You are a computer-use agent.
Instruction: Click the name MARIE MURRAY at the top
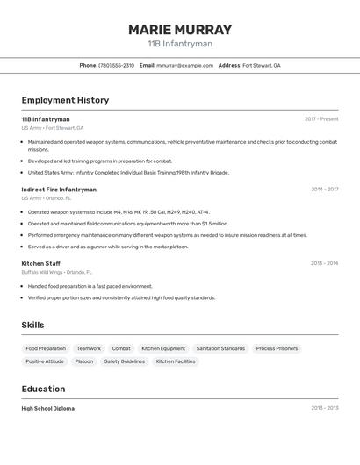click(x=180, y=29)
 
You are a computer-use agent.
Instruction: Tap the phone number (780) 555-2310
click(x=116, y=65)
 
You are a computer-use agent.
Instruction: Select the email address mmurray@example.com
click(x=184, y=65)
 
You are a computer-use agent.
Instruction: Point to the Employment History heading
click(x=65, y=100)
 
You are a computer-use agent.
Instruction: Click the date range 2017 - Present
click(x=321, y=119)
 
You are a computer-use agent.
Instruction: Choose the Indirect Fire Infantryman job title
click(x=59, y=190)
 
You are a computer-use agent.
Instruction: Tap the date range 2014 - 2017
click(x=324, y=190)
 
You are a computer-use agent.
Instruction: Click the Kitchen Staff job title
click(x=41, y=263)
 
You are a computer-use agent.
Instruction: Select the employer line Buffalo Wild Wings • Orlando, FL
click(x=59, y=272)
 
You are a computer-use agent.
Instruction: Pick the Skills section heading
click(x=32, y=325)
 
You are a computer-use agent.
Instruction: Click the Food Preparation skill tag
click(x=46, y=348)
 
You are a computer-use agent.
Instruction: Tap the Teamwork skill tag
click(x=89, y=348)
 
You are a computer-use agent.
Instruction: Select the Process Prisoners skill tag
click(x=277, y=348)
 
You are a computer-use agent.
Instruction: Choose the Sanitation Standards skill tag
click(x=220, y=348)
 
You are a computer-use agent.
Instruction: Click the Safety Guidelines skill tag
click(x=124, y=361)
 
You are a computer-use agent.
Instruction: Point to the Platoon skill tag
click(x=83, y=361)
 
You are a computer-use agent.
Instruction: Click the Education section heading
click(x=43, y=389)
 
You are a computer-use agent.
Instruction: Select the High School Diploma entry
click(x=48, y=408)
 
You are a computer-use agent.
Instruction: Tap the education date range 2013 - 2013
click(x=324, y=408)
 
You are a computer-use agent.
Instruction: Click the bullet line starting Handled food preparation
click(x=90, y=286)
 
